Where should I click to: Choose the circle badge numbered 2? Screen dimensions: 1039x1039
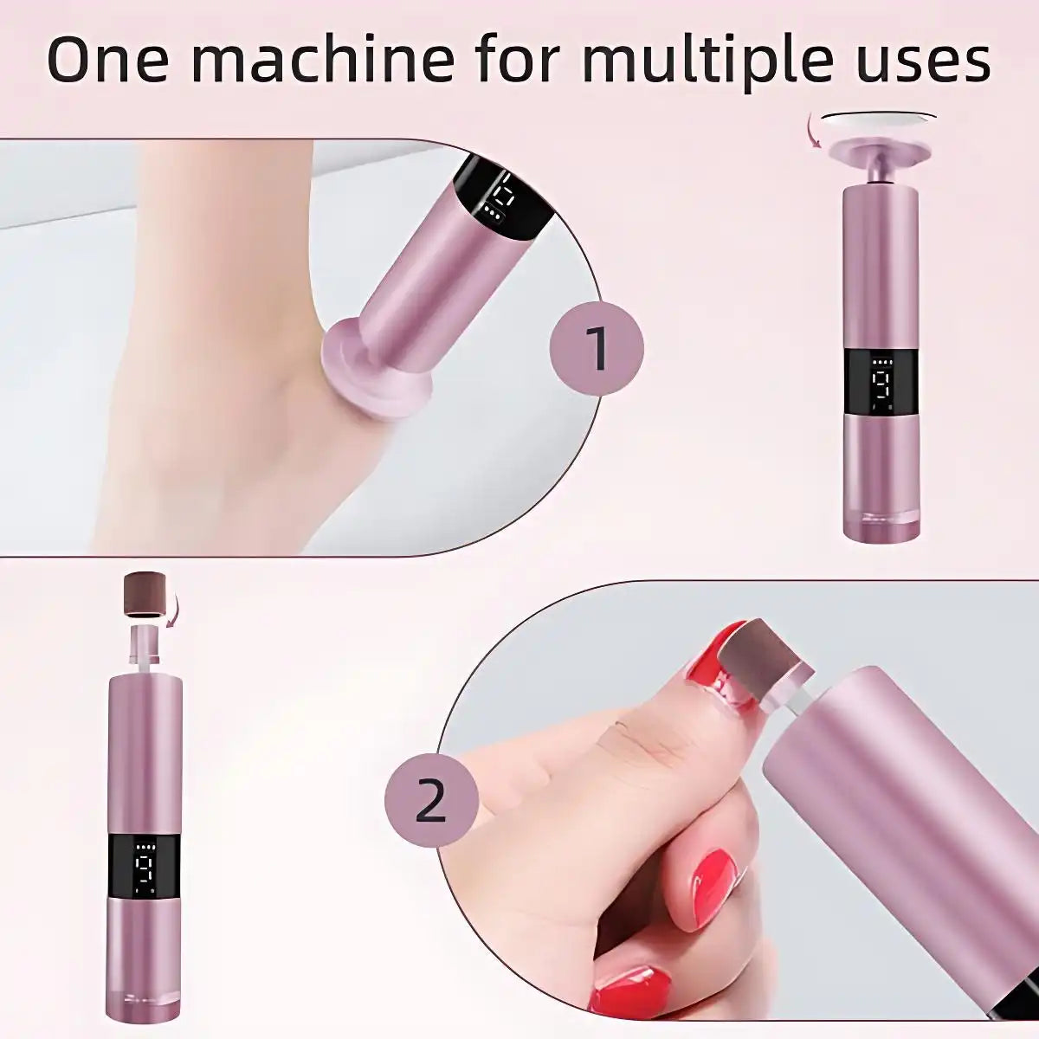coord(431,803)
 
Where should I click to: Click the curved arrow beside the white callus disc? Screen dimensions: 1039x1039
coord(814,135)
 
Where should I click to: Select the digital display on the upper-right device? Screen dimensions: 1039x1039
coord(879,384)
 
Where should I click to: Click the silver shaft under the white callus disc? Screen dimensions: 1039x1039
coord(878,171)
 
